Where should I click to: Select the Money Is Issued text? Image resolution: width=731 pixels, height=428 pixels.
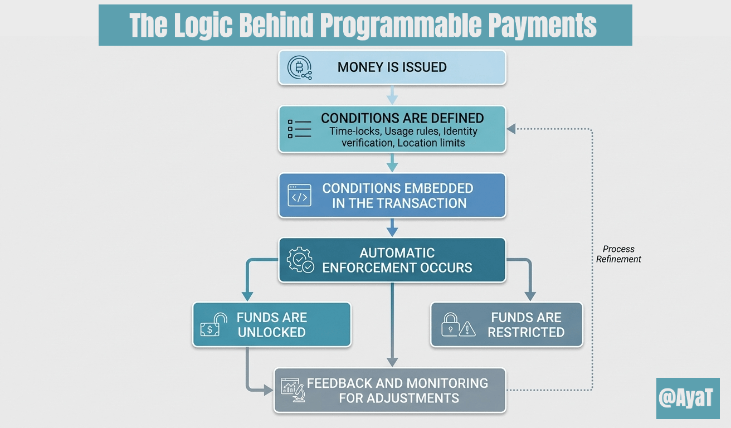(x=392, y=67)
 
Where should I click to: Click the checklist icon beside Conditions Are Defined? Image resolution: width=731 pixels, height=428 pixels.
(x=299, y=128)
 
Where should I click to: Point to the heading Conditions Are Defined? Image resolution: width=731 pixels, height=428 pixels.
(x=402, y=118)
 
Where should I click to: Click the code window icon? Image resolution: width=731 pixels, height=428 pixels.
(x=299, y=196)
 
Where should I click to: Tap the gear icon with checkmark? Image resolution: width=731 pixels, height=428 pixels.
(x=300, y=260)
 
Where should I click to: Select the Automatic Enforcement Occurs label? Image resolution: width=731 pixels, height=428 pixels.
(x=397, y=260)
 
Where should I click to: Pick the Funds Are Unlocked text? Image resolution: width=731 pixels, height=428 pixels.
(x=271, y=325)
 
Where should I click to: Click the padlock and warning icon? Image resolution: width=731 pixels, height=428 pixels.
(x=458, y=325)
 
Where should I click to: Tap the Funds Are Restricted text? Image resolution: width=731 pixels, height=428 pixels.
(x=526, y=325)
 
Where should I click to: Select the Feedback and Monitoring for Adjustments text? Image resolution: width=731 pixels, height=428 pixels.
(x=398, y=391)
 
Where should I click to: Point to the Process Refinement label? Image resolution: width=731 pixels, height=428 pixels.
(x=618, y=254)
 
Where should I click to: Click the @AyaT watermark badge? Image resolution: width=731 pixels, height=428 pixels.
(x=688, y=398)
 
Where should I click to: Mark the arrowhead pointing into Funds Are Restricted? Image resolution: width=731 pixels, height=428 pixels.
(x=529, y=295)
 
